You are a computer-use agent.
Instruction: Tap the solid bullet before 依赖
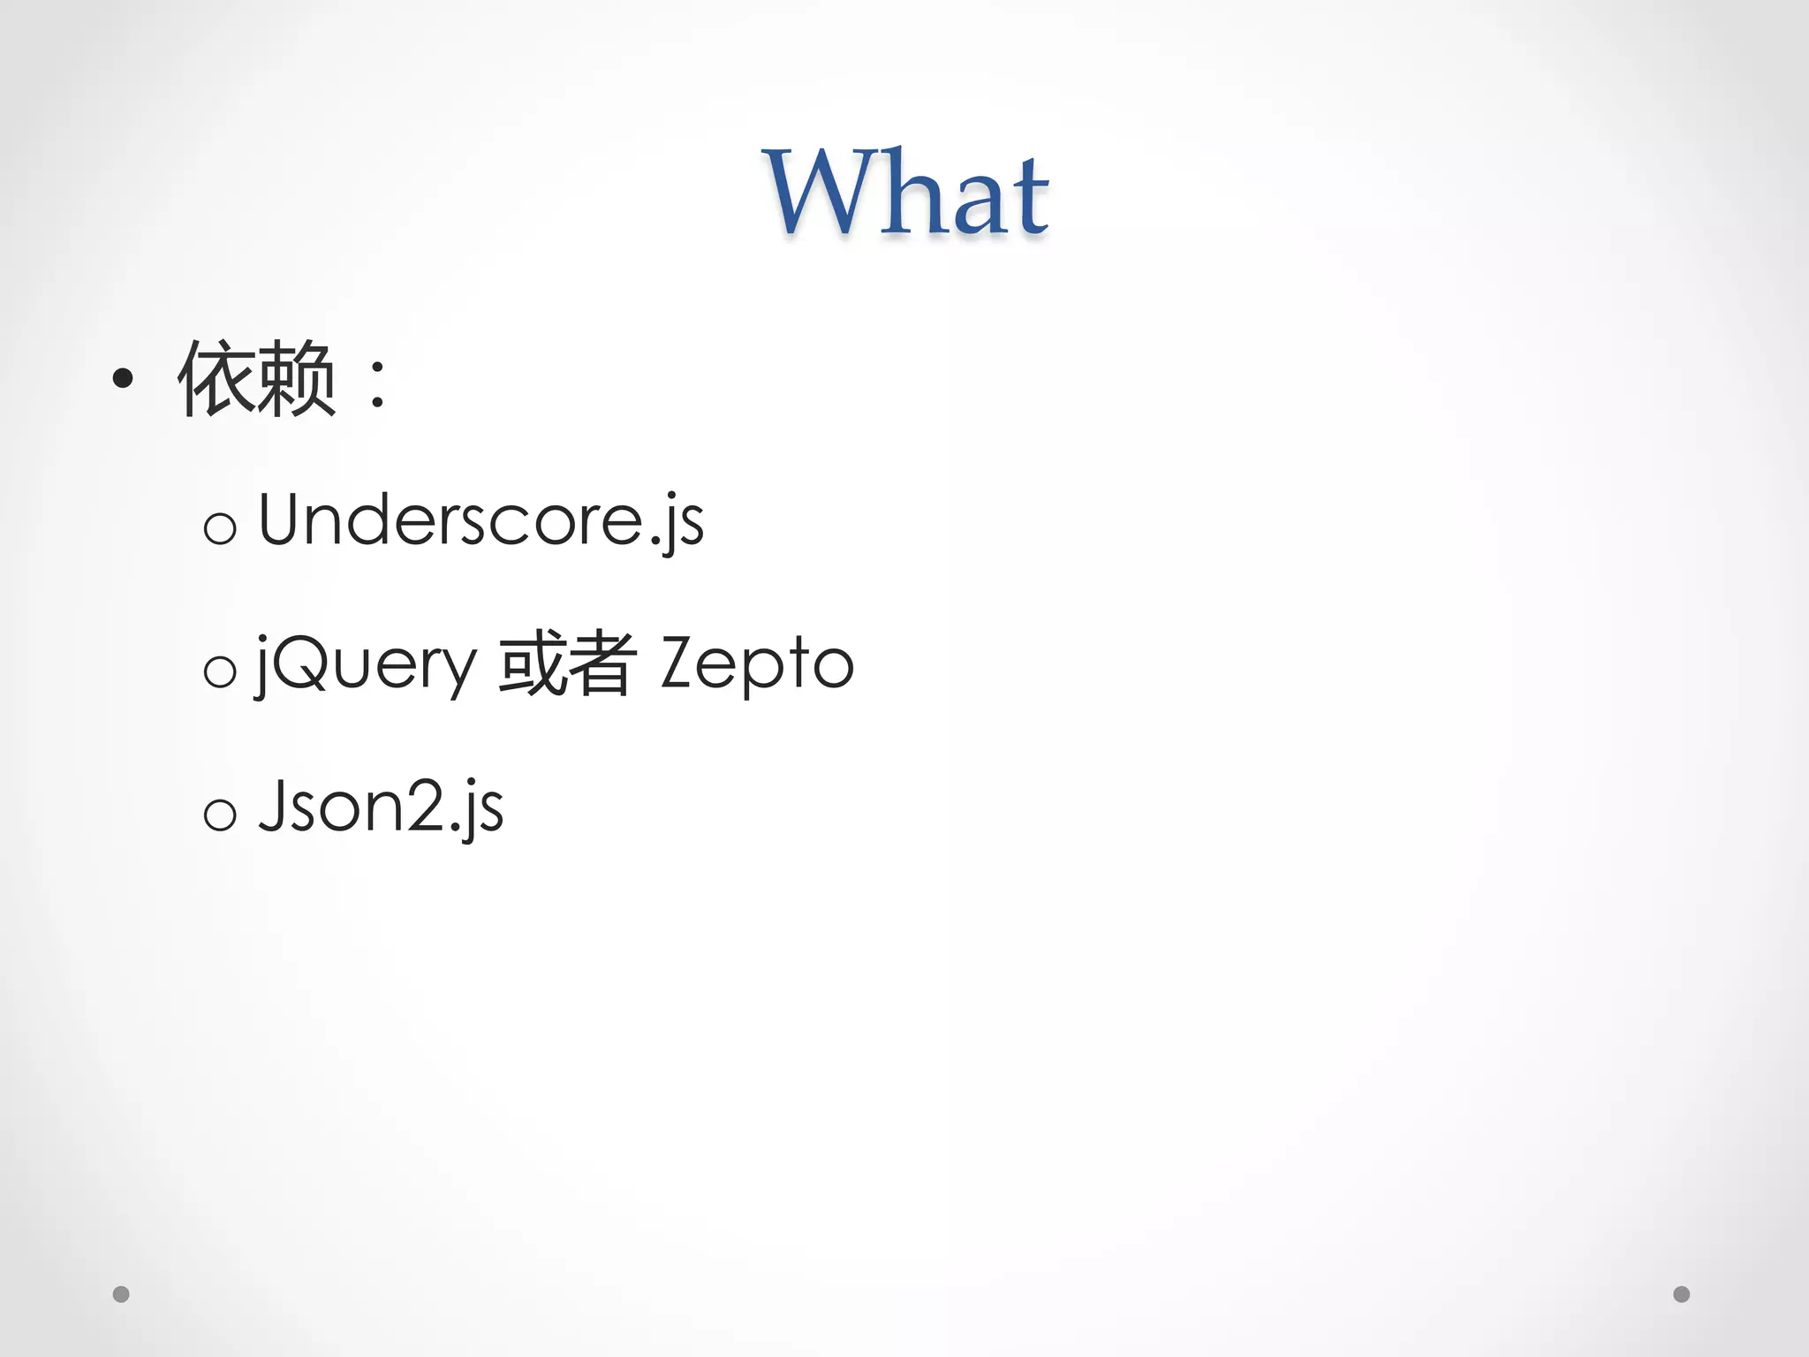click(x=123, y=379)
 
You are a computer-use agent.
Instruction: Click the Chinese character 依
click(x=216, y=379)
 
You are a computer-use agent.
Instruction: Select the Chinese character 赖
click(x=296, y=379)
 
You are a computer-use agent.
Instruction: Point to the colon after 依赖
click(x=378, y=383)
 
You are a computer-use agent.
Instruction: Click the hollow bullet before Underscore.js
click(x=220, y=528)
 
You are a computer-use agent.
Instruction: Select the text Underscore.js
click(x=481, y=521)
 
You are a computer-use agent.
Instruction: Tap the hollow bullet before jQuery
click(x=220, y=671)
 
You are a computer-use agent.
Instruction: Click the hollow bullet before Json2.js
click(x=220, y=814)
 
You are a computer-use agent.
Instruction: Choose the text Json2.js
click(x=381, y=806)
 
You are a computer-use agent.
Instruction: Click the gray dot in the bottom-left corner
click(x=122, y=1294)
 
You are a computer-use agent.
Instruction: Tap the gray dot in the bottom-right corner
click(x=1682, y=1294)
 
